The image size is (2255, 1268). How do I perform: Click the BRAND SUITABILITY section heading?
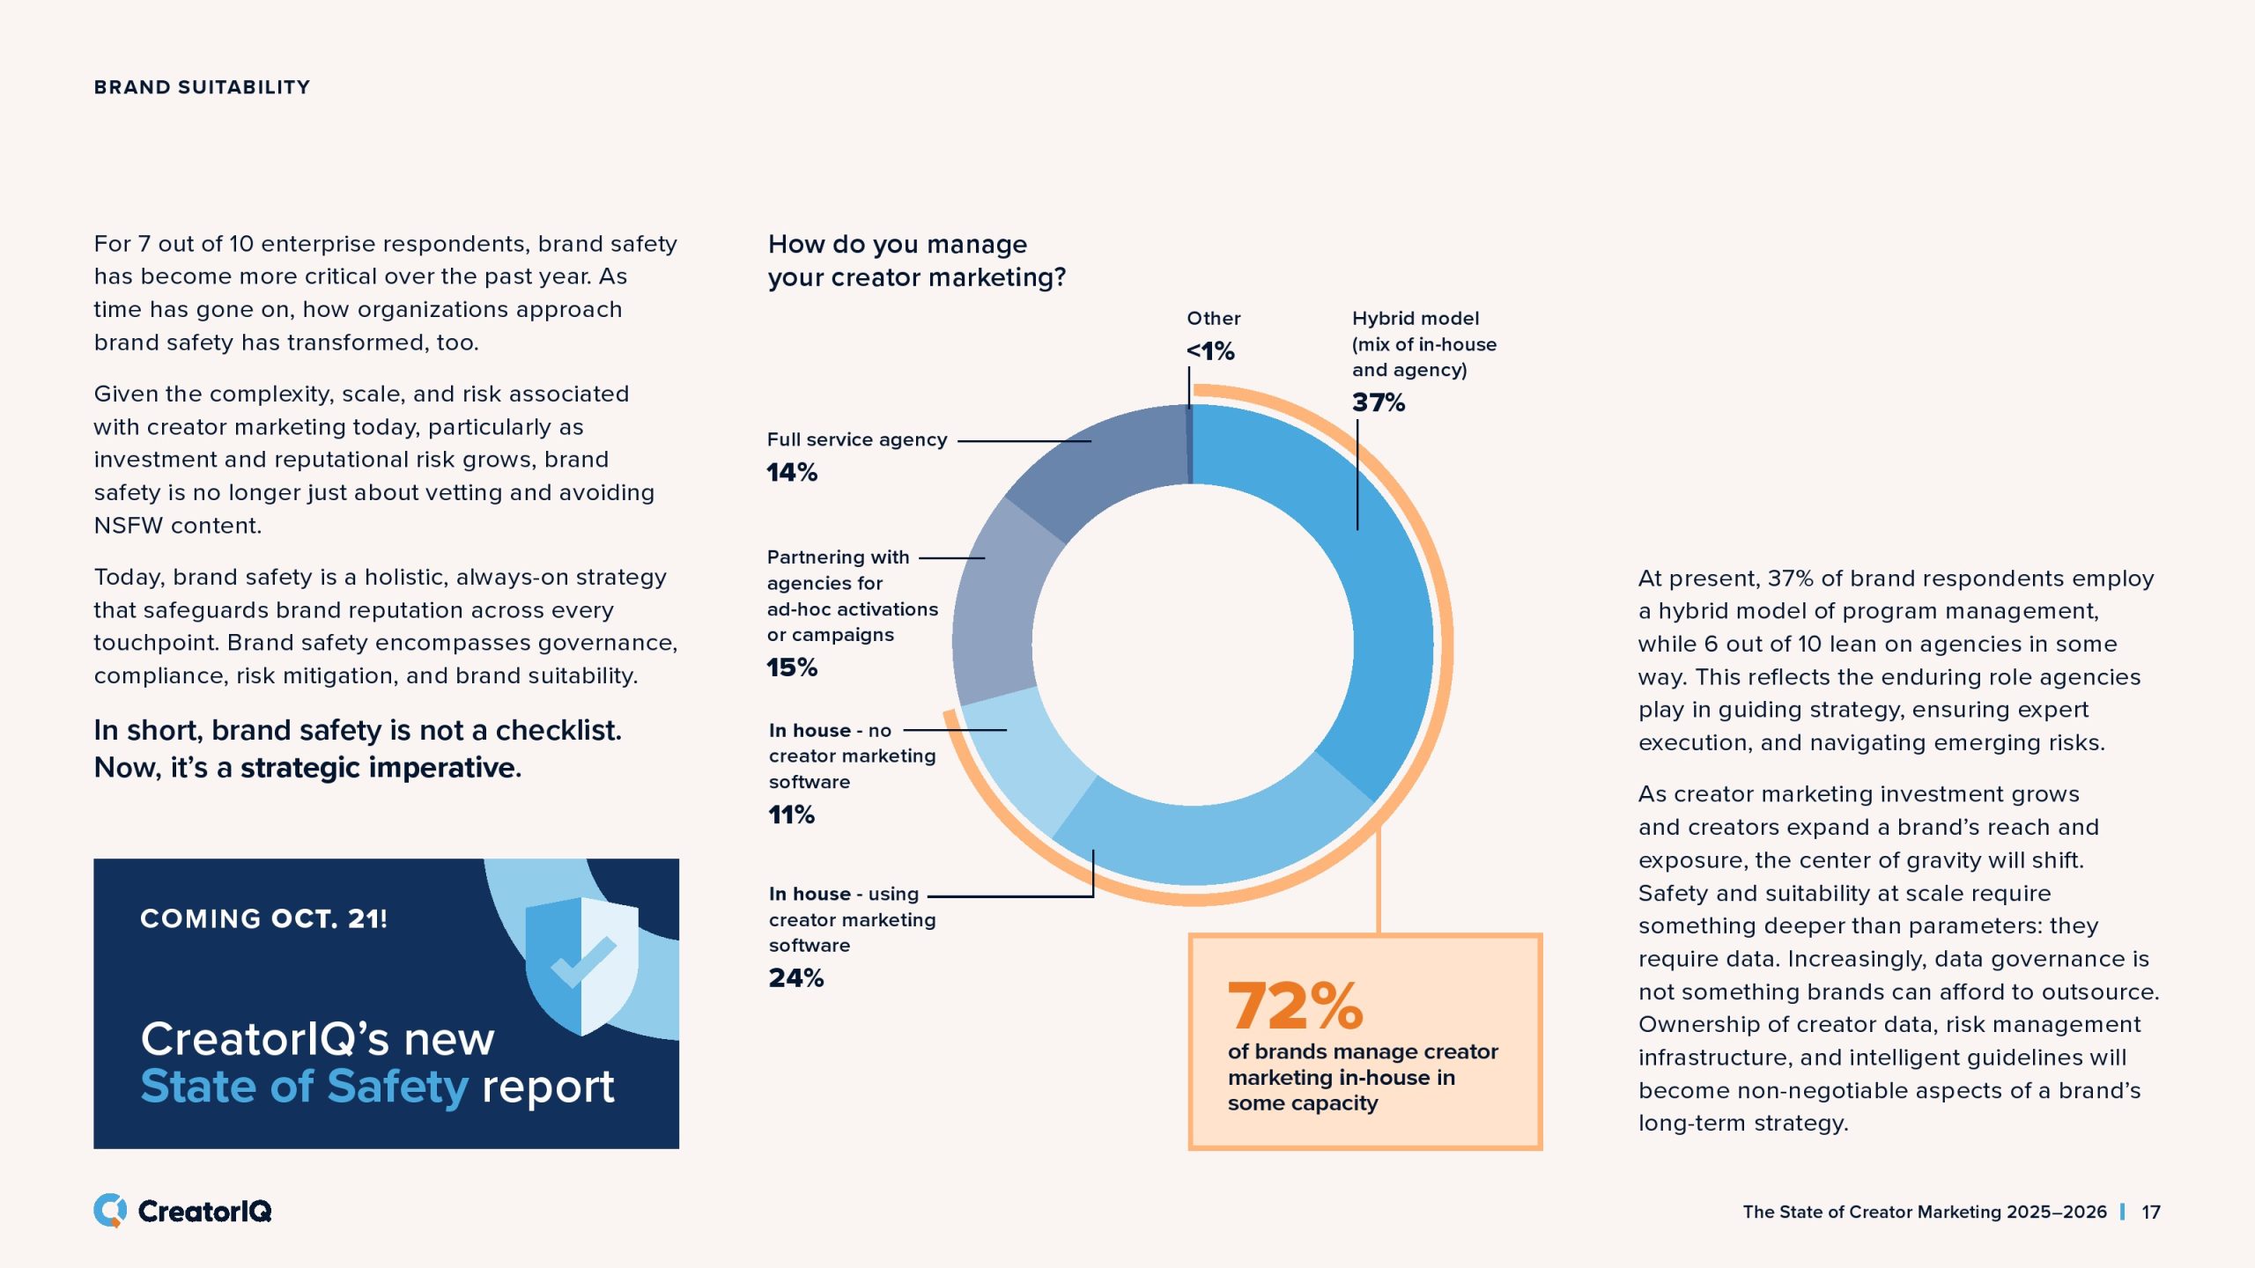pyautogui.click(x=202, y=87)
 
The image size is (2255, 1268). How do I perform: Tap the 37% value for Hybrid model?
pyautogui.click(x=1379, y=403)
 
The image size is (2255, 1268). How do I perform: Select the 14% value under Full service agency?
pyautogui.click(x=792, y=473)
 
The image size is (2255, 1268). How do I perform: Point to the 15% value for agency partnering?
pyautogui.click(x=792, y=668)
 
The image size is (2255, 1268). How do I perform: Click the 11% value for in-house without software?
pyautogui.click(x=791, y=815)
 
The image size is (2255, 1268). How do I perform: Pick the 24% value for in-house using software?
pyautogui.click(x=796, y=978)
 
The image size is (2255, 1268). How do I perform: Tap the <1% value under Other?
pyautogui.click(x=1210, y=351)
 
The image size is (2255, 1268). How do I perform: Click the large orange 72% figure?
pyautogui.click(x=1295, y=1006)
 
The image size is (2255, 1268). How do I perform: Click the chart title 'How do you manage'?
pyautogui.click(x=897, y=244)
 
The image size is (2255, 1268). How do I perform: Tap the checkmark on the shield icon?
pyautogui.click(x=582, y=962)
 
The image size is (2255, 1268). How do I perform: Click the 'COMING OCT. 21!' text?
pyautogui.click(x=263, y=919)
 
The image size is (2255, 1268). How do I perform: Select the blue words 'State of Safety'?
pyautogui.click(x=304, y=1087)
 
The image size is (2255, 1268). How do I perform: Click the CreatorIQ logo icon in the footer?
pyautogui.click(x=110, y=1211)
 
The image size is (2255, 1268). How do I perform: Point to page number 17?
pyautogui.click(x=2151, y=1213)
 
